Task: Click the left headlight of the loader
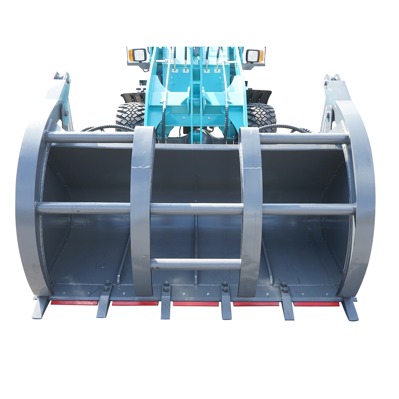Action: [x=138, y=55]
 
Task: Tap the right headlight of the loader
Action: [x=254, y=56]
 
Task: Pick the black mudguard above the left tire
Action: [x=133, y=97]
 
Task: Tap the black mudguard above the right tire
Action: [x=259, y=96]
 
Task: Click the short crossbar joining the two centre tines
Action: [x=196, y=264]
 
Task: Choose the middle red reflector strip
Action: [x=196, y=304]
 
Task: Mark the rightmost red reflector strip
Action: [x=316, y=304]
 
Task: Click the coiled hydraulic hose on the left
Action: [x=106, y=128]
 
